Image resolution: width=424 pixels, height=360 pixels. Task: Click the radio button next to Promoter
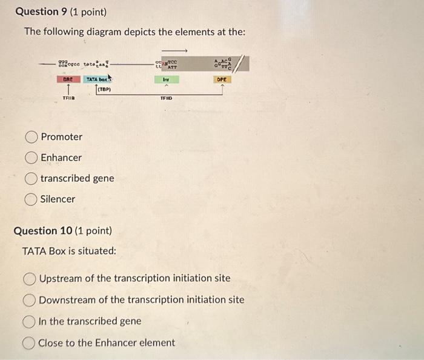click(32, 137)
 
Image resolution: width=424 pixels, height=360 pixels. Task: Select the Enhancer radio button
click(32, 158)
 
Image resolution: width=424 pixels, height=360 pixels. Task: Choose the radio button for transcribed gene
click(32, 178)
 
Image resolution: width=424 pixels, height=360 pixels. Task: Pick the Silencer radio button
click(32, 199)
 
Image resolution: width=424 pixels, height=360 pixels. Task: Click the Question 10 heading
click(62, 231)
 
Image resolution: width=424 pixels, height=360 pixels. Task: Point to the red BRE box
click(68, 79)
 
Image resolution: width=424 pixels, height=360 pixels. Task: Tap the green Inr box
click(165, 79)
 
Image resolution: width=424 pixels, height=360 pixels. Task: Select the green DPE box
click(222, 79)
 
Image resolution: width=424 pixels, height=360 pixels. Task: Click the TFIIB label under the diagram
click(68, 98)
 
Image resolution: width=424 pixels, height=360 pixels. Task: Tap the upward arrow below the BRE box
click(68, 89)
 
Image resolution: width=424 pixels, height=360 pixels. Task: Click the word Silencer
click(58, 199)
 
